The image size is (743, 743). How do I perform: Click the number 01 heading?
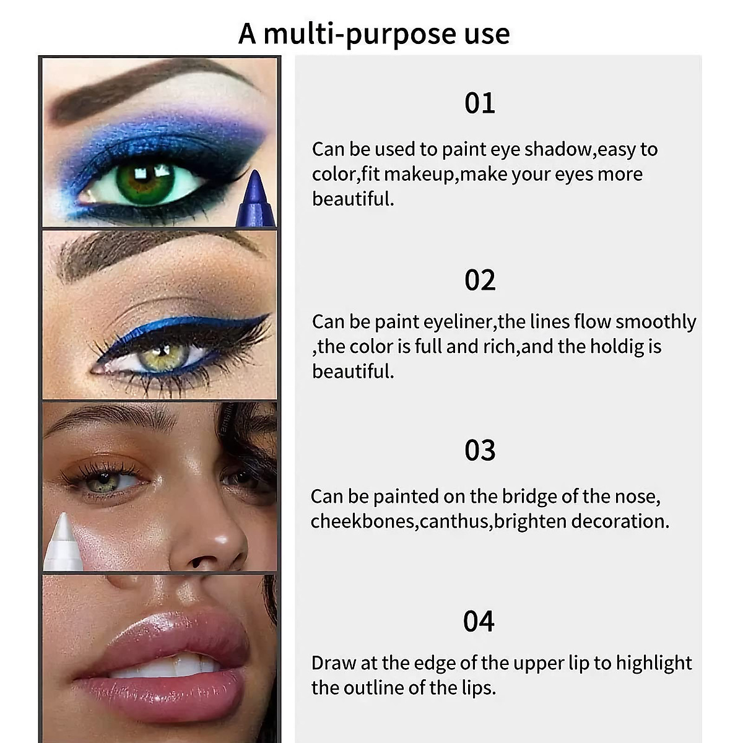(480, 103)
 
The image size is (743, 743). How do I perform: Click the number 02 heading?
(480, 280)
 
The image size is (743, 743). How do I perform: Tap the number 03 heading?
(480, 451)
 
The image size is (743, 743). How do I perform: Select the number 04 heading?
(479, 622)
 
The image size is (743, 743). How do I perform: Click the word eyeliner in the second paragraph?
(458, 322)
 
